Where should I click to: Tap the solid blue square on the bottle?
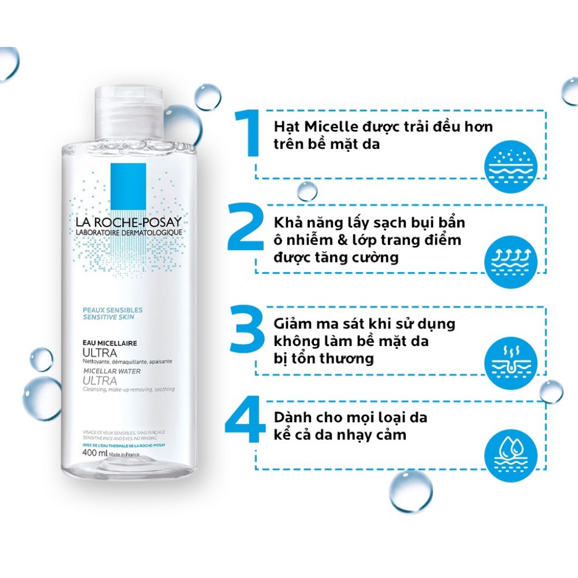(x=128, y=185)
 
